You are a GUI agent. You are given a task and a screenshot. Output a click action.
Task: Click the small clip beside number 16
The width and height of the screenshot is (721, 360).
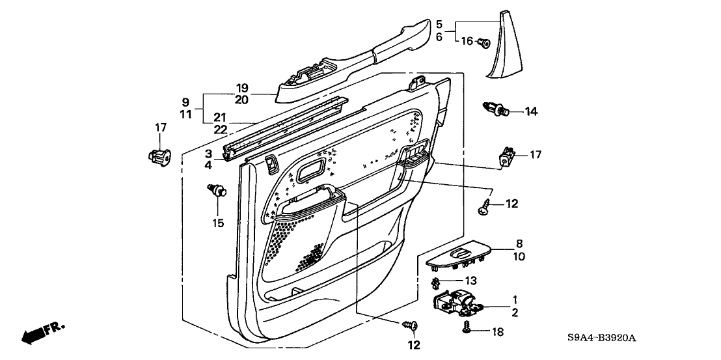pyautogui.click(x=483, y=44)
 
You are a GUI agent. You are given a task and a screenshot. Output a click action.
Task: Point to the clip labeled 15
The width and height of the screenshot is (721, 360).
pyautogui.click(x=218, y=191)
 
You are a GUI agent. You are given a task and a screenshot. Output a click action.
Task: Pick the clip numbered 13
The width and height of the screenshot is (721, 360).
pyautogui.click(x=437, y=283)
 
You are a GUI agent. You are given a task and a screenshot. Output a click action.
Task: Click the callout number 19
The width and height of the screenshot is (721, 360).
pyautogui.click(x=242, y=88)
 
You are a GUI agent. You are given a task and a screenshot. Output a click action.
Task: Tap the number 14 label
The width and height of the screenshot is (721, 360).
pyautogui.click(x=531, y=111)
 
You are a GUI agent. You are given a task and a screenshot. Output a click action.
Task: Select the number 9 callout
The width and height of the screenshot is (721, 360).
pyautogui.click(x=185, y=102)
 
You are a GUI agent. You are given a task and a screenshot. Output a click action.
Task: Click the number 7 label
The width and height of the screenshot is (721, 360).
pyautogui.click(x=490, y=193)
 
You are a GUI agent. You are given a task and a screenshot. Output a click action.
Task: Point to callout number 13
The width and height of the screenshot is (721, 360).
pyautogui.click(x=471, y=281)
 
